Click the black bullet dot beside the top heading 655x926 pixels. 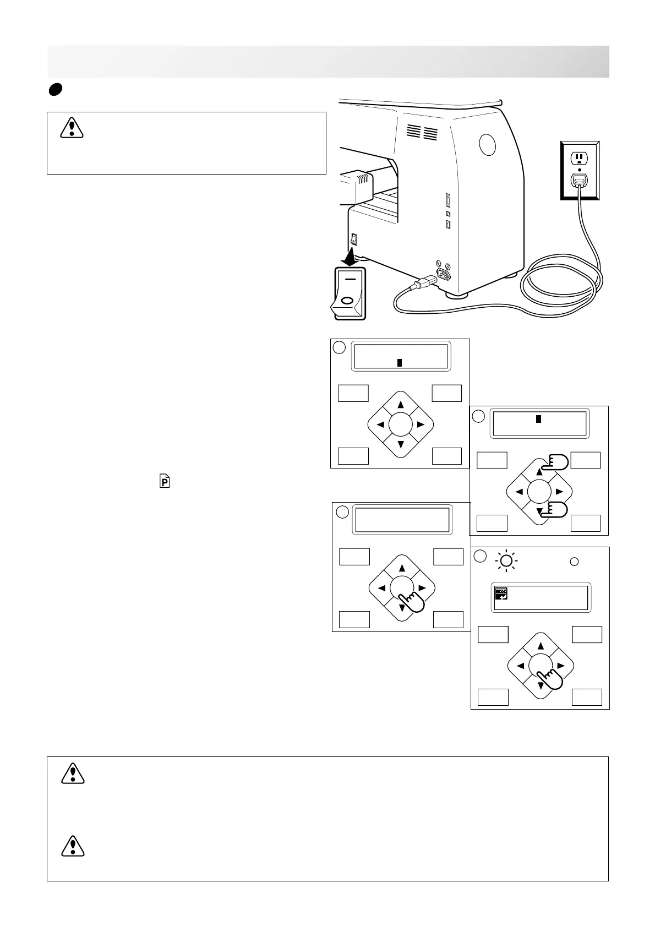pyautogui.click(x=53, y=90)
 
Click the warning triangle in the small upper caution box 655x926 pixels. pyautogui.click(x=72, y=128)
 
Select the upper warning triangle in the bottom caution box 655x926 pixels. pyautogui.click(x=73, y=773)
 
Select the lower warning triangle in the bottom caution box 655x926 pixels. pyautogui.click(x=73, y=846)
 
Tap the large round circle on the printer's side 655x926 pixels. pyautogui.click(x=487, y=145)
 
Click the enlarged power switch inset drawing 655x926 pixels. pyautogui.click(x=348, y=292)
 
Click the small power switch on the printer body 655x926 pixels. pyautogui.click(x=354, y=239)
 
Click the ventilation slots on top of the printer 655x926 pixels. pyautogui.click(x=423, y=132)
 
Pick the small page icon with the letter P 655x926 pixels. pyautogui.click(x=165, y=482)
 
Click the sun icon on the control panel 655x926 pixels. pyautogui.click(x=507, y=562)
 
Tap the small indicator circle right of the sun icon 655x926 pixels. pyautogui.click(x=574, y=562)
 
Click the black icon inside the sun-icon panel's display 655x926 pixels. pyautogui.click(x=501, y=593)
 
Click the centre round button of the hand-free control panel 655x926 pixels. pyautogui.click(x=400, y=424)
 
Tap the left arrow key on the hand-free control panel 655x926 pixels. pyautogui.click(x=380, y=424)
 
